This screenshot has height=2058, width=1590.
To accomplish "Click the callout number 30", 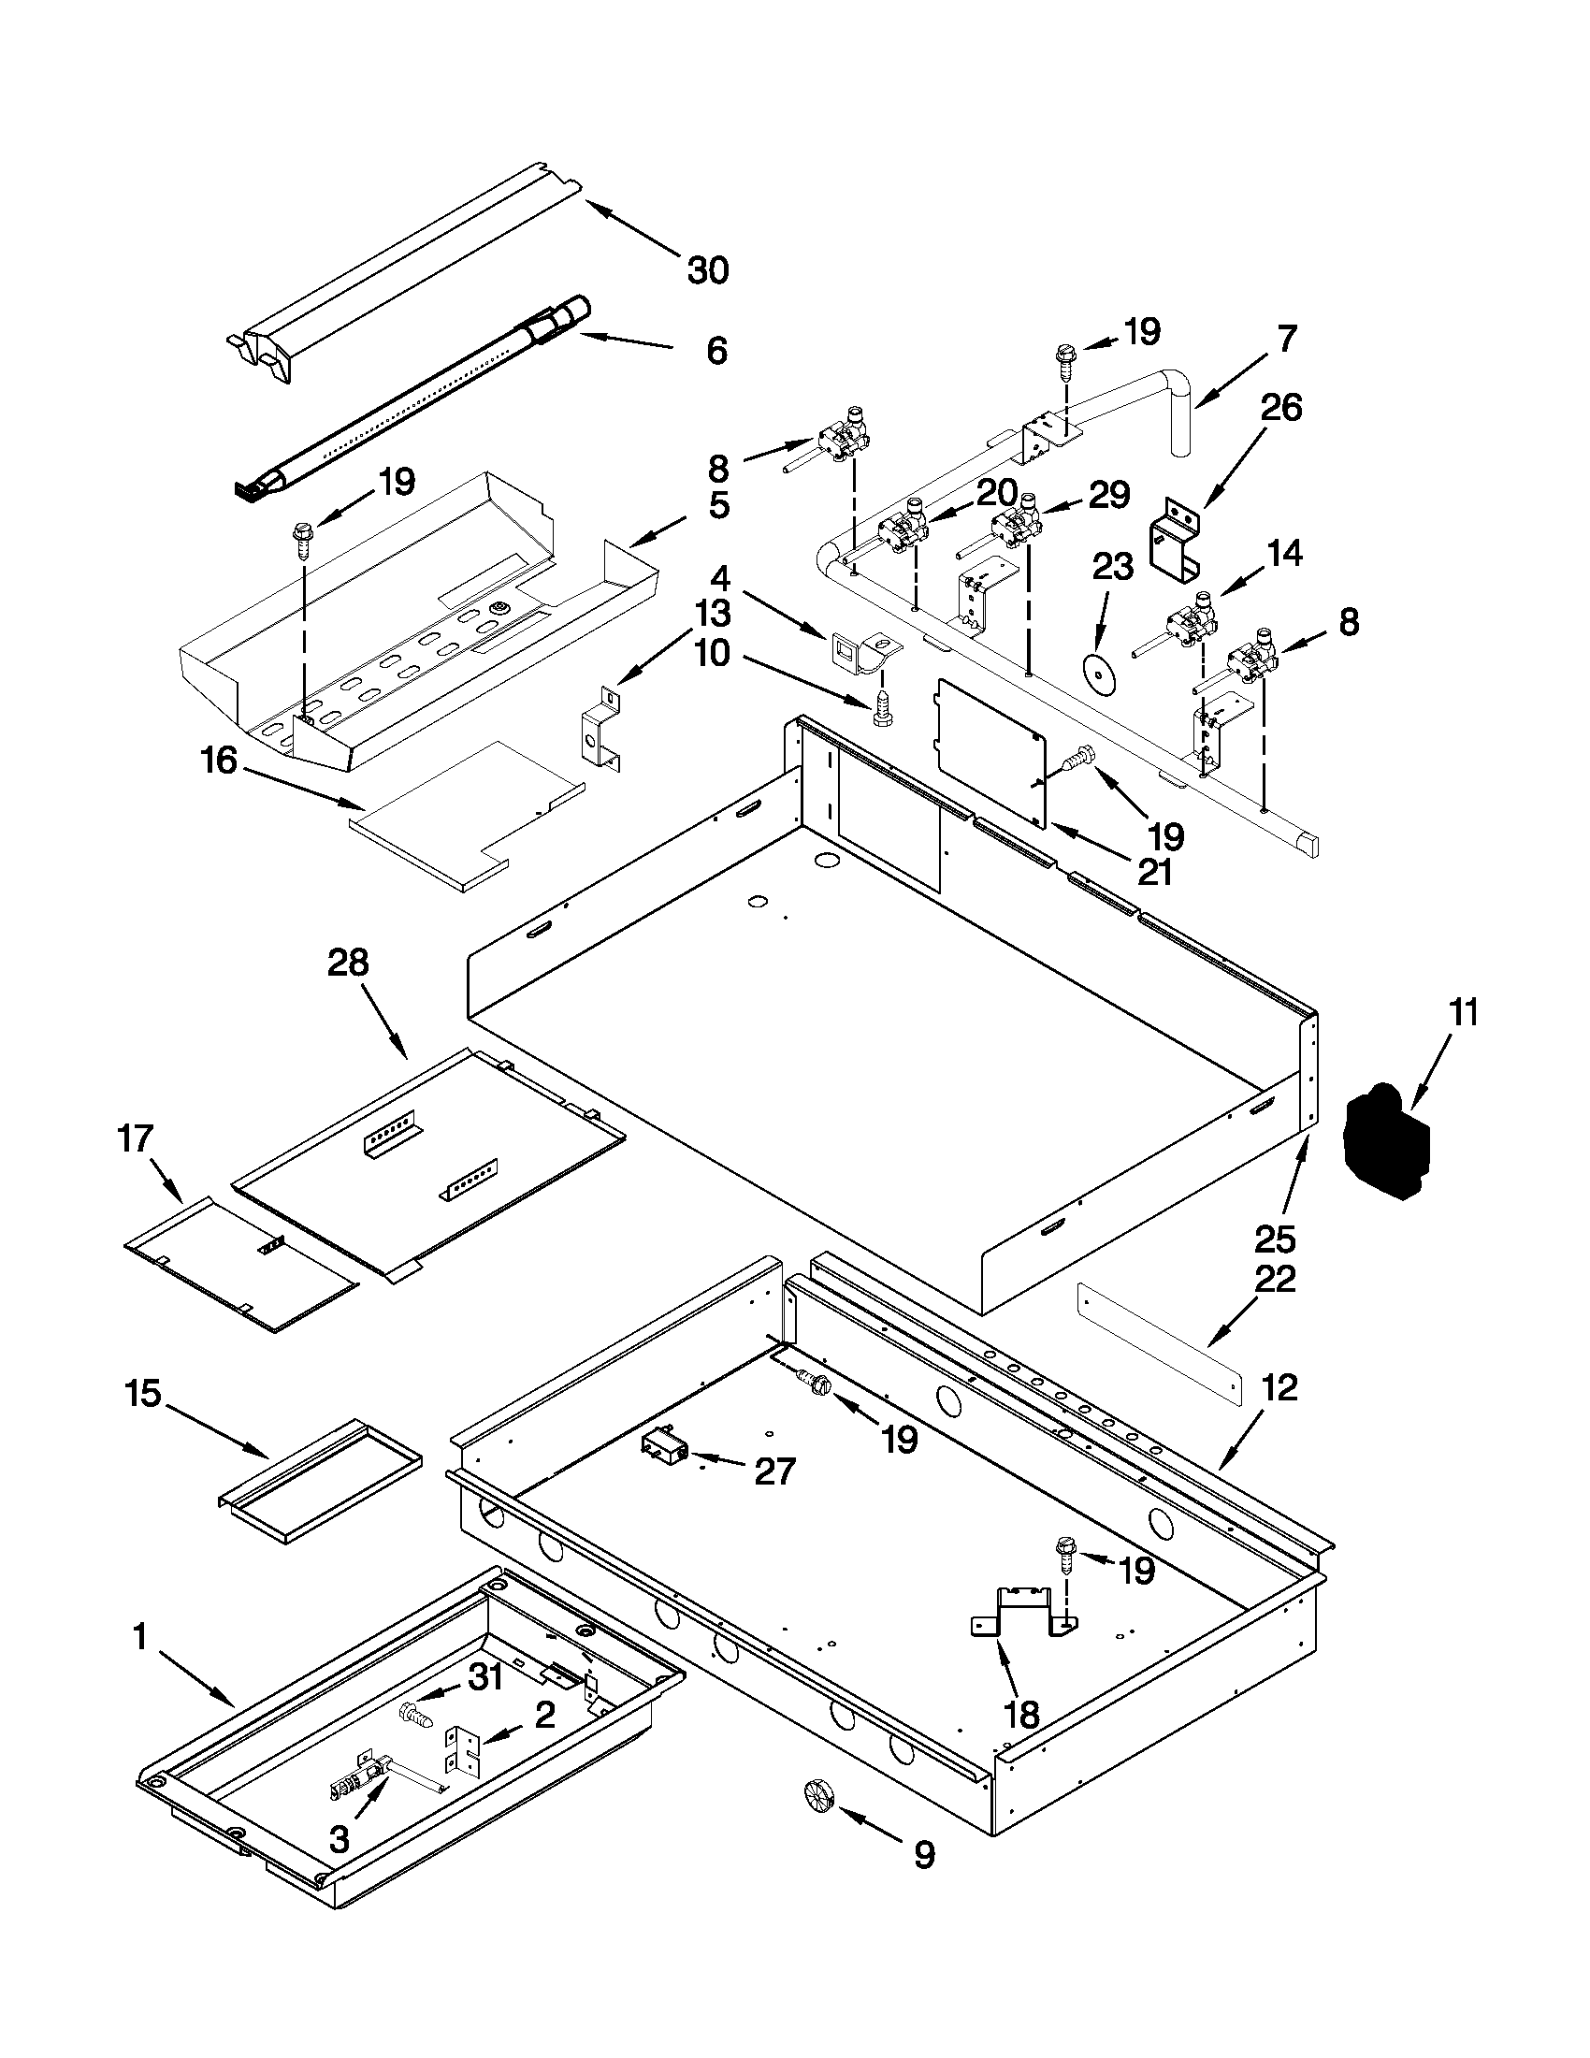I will pyautogui.click(x=707, y=270).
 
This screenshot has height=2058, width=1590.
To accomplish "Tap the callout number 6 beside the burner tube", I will pyautogui.click(x=716, y=352).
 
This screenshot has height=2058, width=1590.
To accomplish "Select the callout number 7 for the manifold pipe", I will pyautogui.click(x=1288, y=338).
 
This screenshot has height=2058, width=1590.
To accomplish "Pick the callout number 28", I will pyautogui.click(x=348, y=963).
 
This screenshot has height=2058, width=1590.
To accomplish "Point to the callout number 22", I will pyautogui.click(x=1275, y=1280).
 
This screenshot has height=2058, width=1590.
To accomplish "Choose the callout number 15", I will pyautogui.click(x=143, y=1393).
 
